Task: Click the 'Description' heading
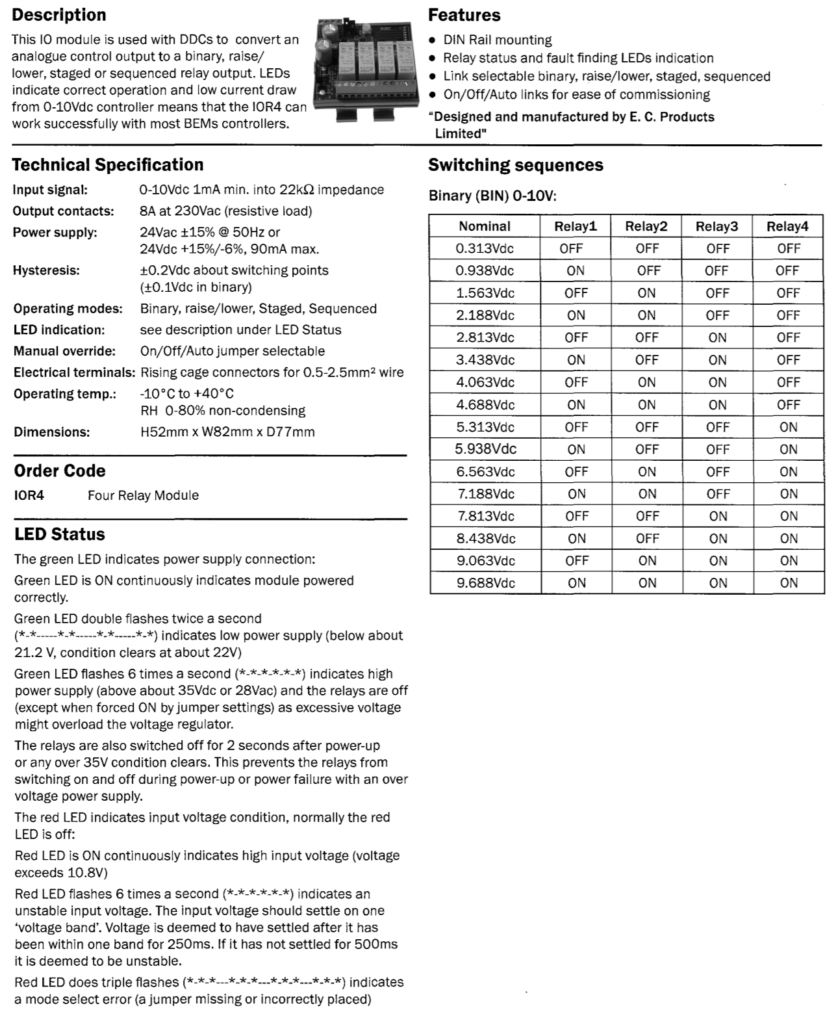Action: (x=59, y=15)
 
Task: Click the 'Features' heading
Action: (x=464, y=15)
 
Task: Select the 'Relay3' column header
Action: (x=716, y=226)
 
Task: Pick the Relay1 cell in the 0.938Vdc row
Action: (x=576, y=270)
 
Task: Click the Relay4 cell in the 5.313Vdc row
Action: (x=788, y=427)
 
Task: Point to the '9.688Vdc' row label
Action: (x=485, y=583)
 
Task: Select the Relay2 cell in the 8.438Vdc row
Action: (x=647, y=538)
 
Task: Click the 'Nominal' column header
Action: (x=484, y=226)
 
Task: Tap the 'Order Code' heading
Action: (x=60, y=471)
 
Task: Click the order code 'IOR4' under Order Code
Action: (x=29, y=495)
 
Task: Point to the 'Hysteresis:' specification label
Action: (x=46, y=270)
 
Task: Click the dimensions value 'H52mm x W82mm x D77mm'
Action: (x=227, y=432)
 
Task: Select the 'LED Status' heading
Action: (x=60, y=534)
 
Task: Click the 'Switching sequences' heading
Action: (x=516, y=165)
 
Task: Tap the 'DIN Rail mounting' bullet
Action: (x=497, y=40)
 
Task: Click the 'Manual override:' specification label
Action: (x=64, y=351)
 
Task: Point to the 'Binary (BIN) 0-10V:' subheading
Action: (x=492, y=196)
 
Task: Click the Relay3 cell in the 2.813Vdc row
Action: (x=717, y=337)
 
